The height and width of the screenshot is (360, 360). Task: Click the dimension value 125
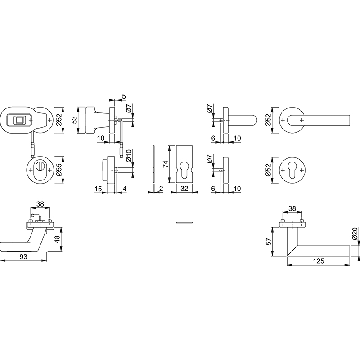(x=319, y=261)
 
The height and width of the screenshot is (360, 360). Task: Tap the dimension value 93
(x=23, y=256)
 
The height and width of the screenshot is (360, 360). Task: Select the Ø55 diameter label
(x=59, y=170)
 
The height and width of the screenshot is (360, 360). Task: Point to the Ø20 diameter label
(x=355, y=234)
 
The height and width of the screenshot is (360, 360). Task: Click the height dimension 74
(x=166, y=164)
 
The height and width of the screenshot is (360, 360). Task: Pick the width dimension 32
(x=184, y=189)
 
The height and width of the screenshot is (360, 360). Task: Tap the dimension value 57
(x=269, y=241)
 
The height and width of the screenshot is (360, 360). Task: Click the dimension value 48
(x=57, y=239)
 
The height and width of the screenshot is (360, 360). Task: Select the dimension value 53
(x=75, y=120)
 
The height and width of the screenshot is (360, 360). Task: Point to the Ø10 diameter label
(x=129, y=156)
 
